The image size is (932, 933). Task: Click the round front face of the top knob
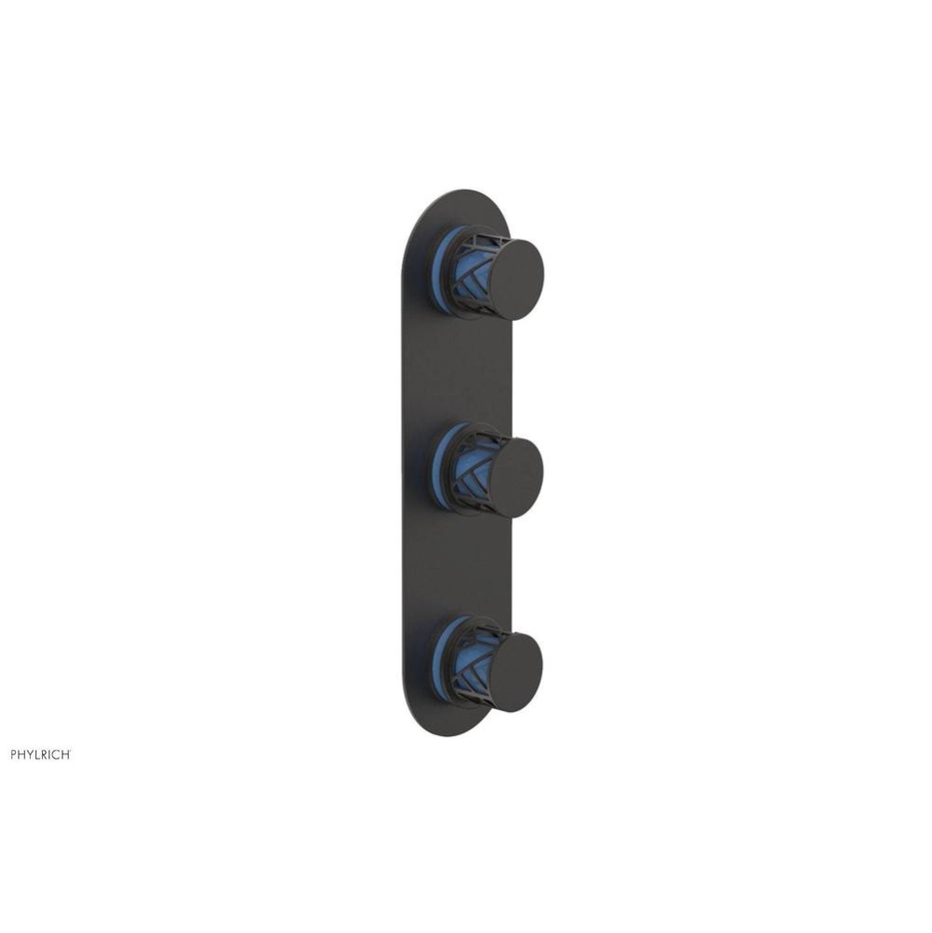516,279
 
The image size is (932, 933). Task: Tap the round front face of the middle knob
516,476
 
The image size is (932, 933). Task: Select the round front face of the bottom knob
516,673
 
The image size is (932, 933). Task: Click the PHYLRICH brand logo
40,754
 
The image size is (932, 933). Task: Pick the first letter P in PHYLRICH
13,754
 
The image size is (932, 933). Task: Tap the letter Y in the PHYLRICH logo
30,754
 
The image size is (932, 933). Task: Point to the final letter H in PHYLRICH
66,754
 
